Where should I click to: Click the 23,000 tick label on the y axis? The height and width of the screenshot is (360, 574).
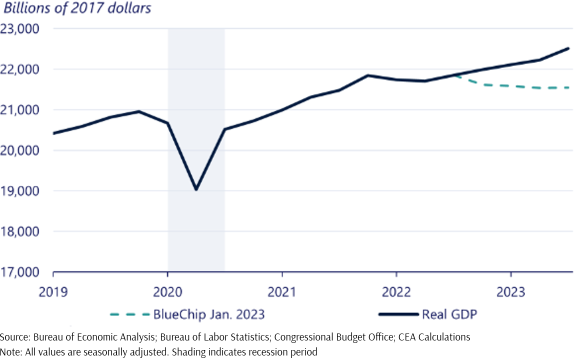point(20,28)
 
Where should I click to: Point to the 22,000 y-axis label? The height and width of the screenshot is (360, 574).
point(20,69)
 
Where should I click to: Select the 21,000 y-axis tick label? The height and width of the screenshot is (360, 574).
point(20,110)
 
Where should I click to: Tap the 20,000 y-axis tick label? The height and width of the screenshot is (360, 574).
point(20,150)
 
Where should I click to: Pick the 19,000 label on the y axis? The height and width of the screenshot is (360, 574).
point(20,191)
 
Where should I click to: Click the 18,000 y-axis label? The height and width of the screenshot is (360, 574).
point(20,232)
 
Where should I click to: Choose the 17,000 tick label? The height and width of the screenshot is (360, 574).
point(20,273)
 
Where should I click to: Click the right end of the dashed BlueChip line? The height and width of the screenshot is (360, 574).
point(570,88)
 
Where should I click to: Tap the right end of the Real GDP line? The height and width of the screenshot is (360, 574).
point(569,48)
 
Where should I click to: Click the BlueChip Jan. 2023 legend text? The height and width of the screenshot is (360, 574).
point(209,314)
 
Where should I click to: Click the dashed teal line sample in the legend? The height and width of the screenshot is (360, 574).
point(129,314)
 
